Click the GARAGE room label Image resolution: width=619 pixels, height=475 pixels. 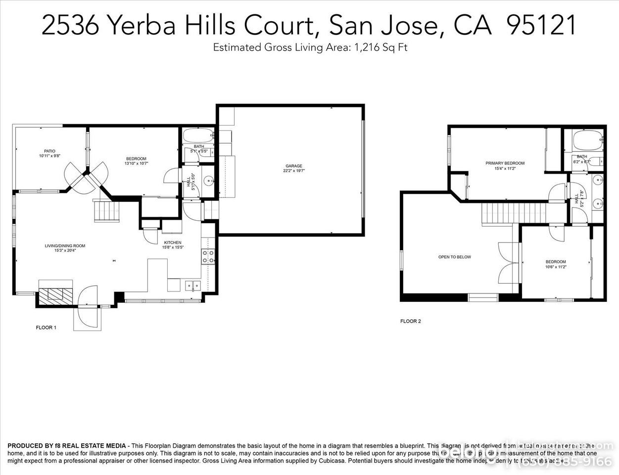click(x=293, y=166)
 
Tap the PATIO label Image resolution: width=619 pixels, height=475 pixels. click(x=49, y=151)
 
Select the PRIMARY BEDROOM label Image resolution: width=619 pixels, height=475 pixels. click(x=505, y=163)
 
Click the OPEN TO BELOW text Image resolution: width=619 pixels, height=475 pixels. click(x=454, y=257)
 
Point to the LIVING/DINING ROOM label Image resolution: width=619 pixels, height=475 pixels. click(x=65, y=245)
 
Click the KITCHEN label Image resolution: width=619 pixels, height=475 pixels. click(x=173, y=242)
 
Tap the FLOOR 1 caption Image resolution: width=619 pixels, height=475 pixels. click(x=46, y=328)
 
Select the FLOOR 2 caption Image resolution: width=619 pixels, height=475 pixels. click(x=410, y=321)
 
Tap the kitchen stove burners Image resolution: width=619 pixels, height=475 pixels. click(x=208, y=256)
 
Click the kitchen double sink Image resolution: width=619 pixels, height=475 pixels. click(x=192, y=285)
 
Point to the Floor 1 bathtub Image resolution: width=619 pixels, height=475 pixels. click(x=198, y=135)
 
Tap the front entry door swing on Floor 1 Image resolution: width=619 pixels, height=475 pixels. click(x=89, y=299)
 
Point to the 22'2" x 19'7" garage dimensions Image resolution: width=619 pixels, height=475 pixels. click(x=293, y=171)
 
